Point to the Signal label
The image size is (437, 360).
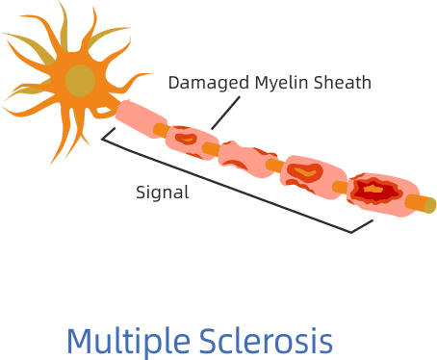tap(162, 191)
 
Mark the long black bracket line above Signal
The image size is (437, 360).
tap(231, 187)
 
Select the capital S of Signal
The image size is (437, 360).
tap(141, 190)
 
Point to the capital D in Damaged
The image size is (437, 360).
tap(173, 82)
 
